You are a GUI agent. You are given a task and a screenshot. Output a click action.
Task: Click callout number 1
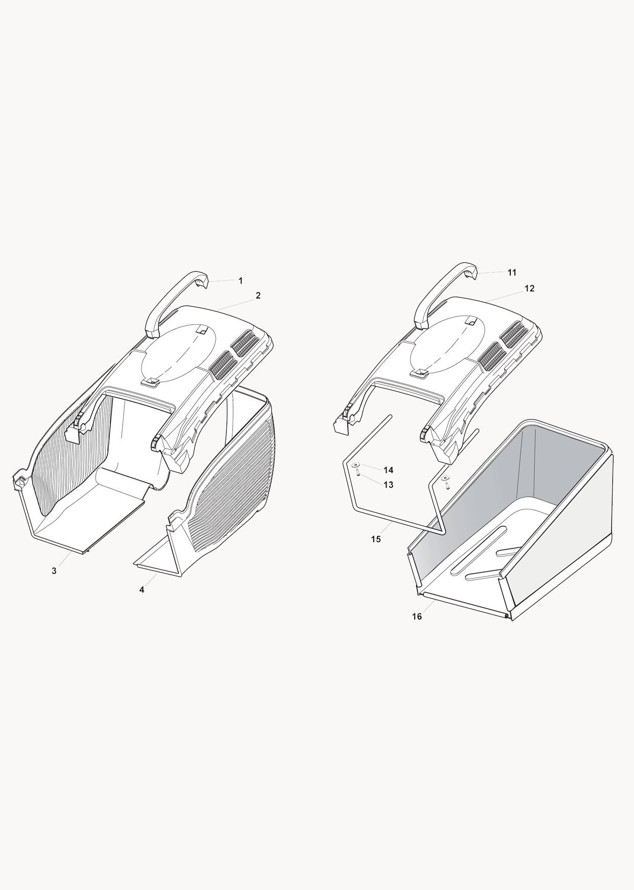[x=241, y=280]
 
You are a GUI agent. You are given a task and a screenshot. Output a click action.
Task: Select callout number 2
[x=258, y=295]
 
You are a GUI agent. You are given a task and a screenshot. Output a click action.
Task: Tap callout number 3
[x=54, y=571]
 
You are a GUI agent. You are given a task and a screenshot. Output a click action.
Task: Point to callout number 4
[x=142, y=589]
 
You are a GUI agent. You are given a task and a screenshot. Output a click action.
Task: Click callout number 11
[x=512, y=273]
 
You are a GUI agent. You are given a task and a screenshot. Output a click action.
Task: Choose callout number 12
[x=530, y=288]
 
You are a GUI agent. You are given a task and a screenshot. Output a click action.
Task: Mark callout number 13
[x=389, y=484]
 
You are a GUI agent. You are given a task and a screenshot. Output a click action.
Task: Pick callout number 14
[x=389, y=470]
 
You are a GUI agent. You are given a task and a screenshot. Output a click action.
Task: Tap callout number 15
[x=376, y=539]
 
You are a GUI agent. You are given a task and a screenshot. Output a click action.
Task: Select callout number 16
[x=417, y=616]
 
